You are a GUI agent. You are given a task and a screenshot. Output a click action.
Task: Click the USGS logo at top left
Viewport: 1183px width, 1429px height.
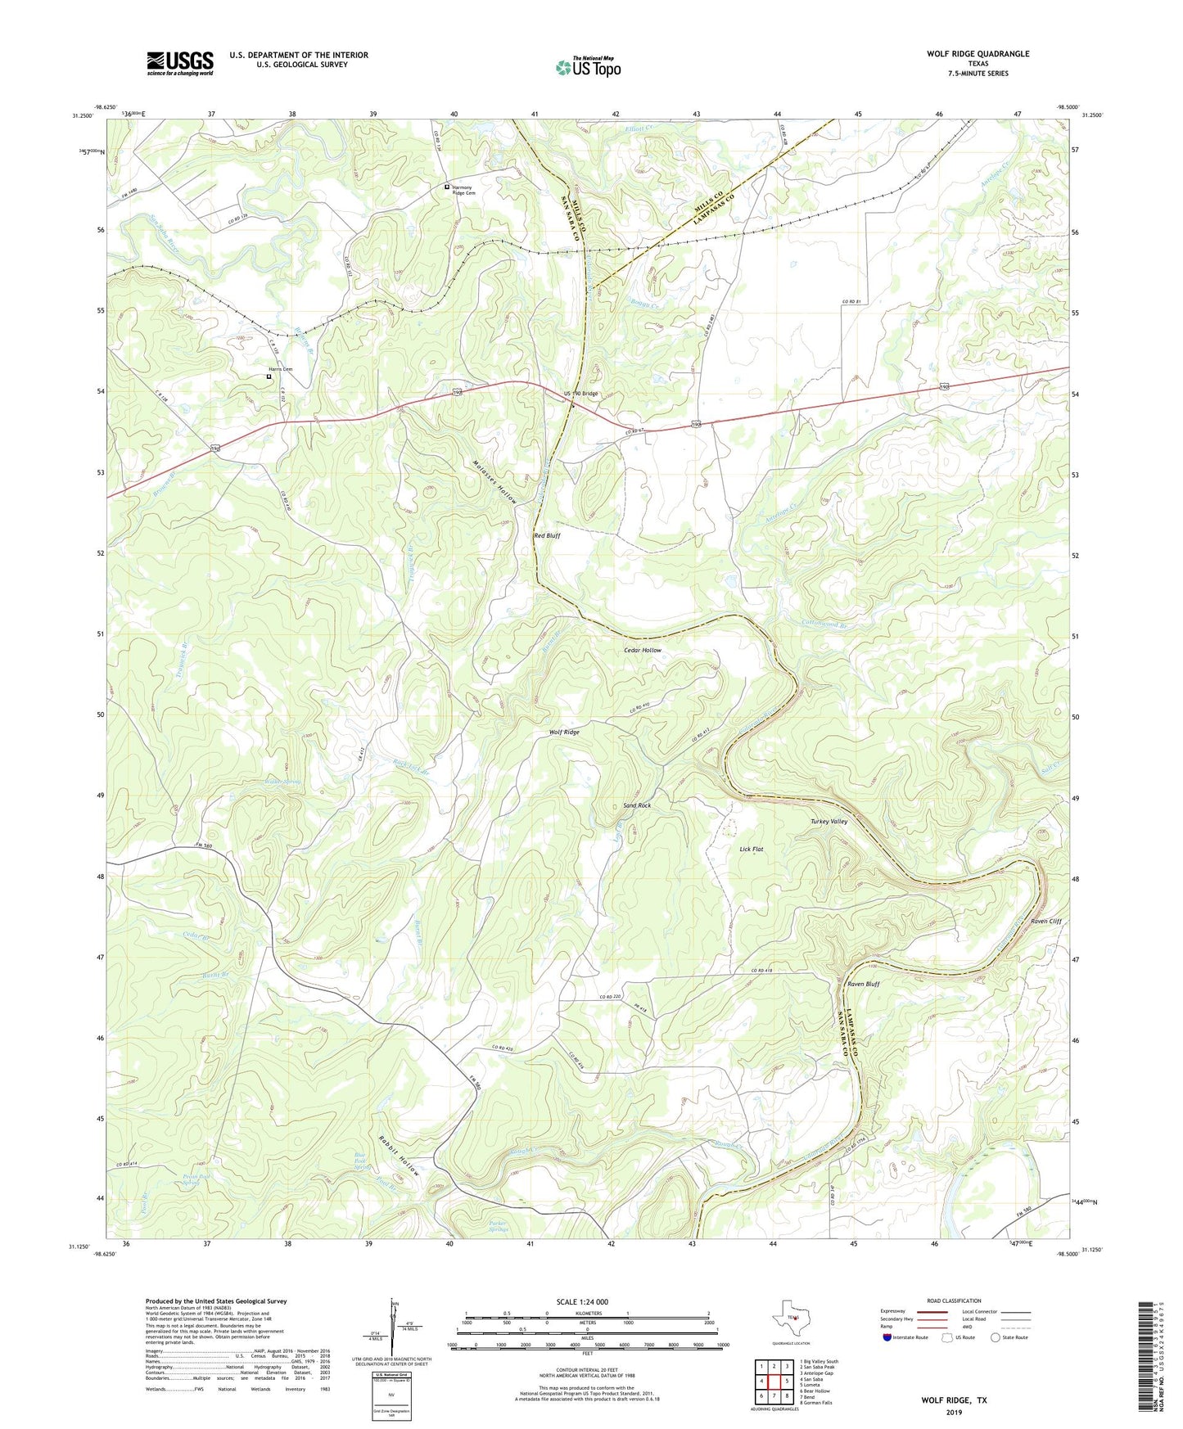[180, 63]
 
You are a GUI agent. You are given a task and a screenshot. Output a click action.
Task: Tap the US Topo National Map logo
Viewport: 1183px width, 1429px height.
[588, 67]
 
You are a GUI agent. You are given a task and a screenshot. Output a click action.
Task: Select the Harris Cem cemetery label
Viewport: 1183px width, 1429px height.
[281, 369]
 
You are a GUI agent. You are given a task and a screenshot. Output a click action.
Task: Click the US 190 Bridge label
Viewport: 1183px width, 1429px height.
[580, 394]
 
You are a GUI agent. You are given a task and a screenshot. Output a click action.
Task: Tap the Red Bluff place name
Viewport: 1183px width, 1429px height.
[547, 535]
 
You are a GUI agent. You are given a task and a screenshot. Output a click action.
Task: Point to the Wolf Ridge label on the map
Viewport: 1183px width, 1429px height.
[564, 732]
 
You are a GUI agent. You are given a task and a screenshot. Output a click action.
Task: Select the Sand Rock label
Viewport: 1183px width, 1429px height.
[637, 805]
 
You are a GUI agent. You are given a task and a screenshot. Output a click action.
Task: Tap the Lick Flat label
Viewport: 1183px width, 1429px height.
[751, 850]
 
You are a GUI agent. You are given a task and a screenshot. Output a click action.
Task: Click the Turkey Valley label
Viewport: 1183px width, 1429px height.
[829, 821]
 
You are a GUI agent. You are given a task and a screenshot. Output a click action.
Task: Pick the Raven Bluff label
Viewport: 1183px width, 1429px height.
[863, 984]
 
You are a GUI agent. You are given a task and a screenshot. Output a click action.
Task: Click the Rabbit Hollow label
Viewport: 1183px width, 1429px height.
[399, 1155]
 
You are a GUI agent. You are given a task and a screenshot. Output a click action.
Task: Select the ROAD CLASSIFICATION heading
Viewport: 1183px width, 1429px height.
[954, 1301]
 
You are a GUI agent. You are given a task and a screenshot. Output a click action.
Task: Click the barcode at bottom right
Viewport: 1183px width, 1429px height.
[1148, 1359]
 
